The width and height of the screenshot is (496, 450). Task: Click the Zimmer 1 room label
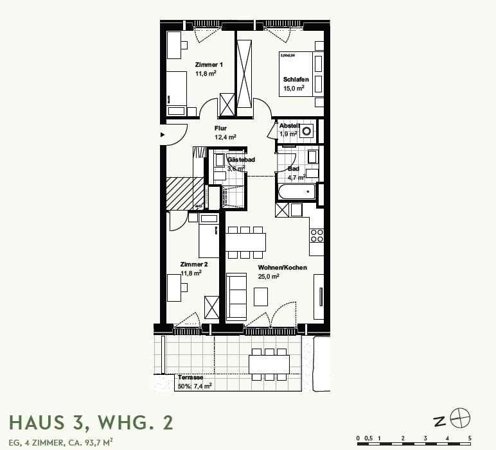pos(209,65)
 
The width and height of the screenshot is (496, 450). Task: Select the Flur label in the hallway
pos(220,128)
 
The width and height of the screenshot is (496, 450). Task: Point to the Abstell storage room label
pos(288,126)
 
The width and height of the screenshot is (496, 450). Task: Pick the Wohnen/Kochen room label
pos(282,268)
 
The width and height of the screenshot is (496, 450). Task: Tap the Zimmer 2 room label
pos(193,264)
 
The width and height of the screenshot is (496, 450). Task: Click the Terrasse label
pos(190,377)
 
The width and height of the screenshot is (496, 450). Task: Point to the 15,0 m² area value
pos(294,89)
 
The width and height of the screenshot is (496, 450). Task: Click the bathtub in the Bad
pos(296,191)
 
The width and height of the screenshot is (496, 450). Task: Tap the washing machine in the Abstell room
pos(307,132)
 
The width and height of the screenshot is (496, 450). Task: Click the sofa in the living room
pos(236,296)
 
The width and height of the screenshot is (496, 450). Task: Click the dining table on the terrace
pos(269,363)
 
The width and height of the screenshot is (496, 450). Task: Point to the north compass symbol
pos(460,419)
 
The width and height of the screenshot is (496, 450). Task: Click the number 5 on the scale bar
pos(470,438)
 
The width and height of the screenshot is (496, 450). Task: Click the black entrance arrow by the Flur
pos(163,135)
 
